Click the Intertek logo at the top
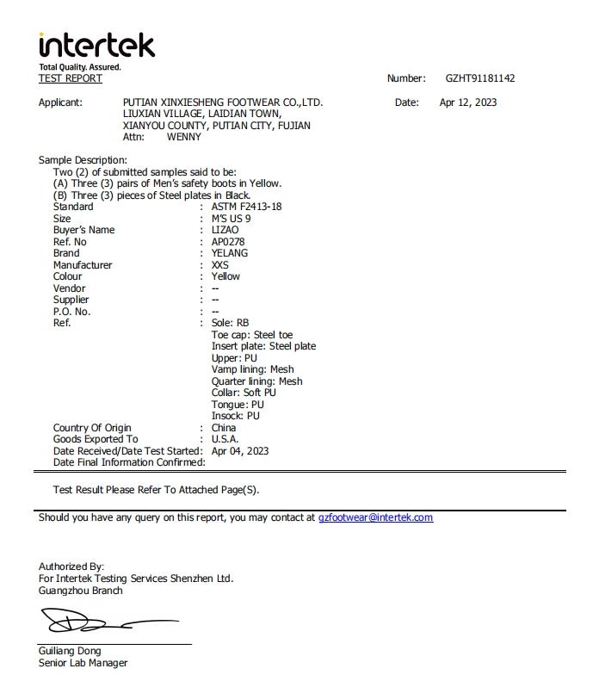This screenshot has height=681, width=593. pyautogui.click(x=96, y=45)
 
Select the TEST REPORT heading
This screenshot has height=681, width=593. pyautogui.click(x=70, y=78)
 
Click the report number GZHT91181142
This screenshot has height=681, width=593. pyautogui.click(x=480, y=78)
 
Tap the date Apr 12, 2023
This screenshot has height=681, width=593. pyautogui.click(x=467, y=102)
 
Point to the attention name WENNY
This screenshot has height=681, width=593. pyautogui.click(x=183, y=137)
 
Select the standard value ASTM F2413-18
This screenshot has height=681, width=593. pyautogui.click(x=246, y=207)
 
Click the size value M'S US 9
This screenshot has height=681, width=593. pyautogui.click(x=231, y=219)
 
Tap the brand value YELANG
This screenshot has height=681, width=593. pyautogui.click(x=229, y=253)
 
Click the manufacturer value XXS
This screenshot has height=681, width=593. pyautogui.click(x=220, y=265)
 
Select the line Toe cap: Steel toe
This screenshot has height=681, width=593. pyautogui.click(x=252, y=334)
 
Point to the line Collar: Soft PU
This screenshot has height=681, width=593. pyautogui.click(x=244, y=393)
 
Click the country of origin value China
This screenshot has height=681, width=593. pyautogui.click(x=224, y=428)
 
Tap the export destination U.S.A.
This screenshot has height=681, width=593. pyautogui.click(x=225, y=439)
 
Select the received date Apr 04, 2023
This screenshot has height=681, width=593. pyautogui.click(x=240, y=450)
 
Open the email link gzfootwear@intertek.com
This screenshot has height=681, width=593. pyautogui.click(x=375, y=517)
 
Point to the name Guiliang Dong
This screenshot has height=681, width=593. pyautogui.click(x=70, y=651)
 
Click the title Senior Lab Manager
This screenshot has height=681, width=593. pyautogui.click(x=83, y=663)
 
